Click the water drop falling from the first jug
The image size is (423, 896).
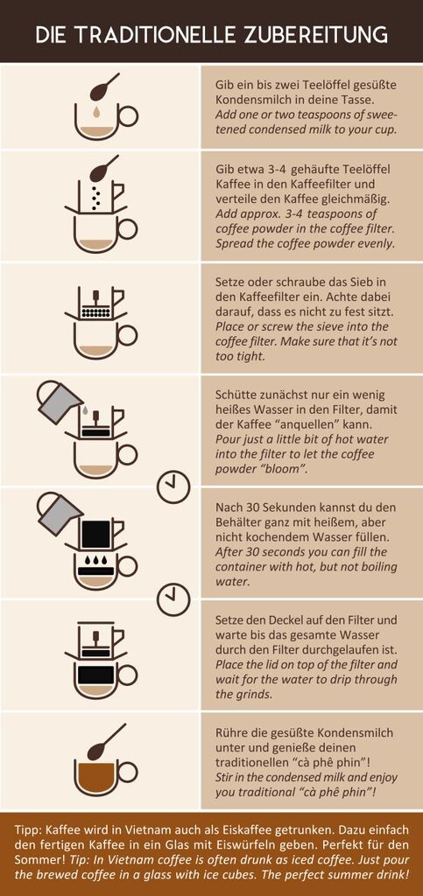[x=85, y=409]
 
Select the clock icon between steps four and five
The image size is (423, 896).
[x=173, y=486]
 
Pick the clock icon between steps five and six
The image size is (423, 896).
[x=173, y=598]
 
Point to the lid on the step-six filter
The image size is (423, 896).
[x=95, y=622]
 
